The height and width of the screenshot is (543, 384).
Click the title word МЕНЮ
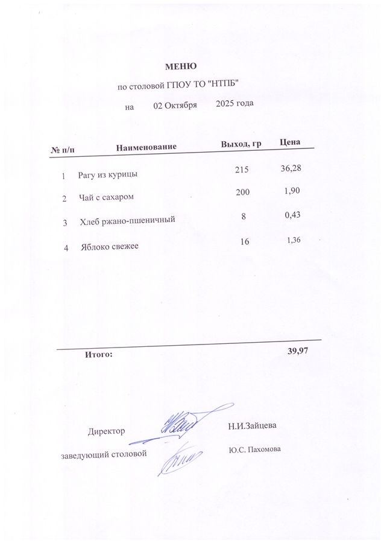[x=181, y=66]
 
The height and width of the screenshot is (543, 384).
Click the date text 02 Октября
[x=175, y=104]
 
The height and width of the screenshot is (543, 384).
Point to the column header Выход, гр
[x=241, y=144]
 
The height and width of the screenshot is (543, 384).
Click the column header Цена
[x=291, y=142]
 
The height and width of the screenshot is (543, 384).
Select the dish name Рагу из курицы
[x=107, y=175]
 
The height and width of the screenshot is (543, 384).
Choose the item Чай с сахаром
[x=106, y=197]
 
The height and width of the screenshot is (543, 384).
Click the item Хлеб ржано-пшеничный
[x=127, y=221]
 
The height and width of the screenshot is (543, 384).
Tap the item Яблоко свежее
[x=110, y=247]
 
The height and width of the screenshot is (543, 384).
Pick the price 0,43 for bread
[x=292, y=215]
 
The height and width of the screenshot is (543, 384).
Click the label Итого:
[x=99, y=354]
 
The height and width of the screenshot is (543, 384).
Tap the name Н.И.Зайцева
[x=252, y=426]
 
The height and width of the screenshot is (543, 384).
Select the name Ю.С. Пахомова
[x=255, y=449]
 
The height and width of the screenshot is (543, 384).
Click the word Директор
[x=107, y=431]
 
